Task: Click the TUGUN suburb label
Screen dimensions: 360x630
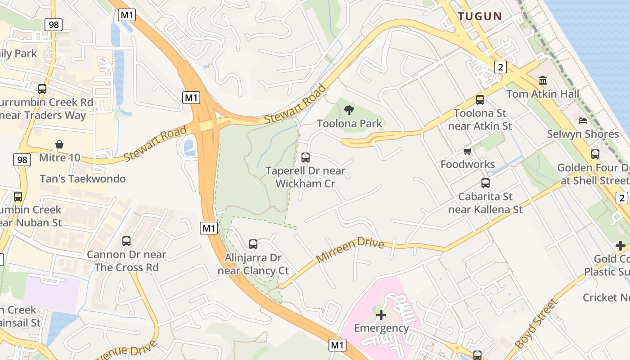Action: (x=480, y=16)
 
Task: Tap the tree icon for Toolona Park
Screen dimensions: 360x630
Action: (x=349, y=110)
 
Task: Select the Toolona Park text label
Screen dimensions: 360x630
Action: (x=350, y=123)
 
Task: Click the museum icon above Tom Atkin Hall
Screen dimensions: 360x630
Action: (x=543, y=81)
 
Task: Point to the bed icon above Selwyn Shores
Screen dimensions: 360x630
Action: (x=583, y=121)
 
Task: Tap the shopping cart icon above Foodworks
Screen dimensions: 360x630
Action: (x=468, y=152)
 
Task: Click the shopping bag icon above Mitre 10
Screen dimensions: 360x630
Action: (x=59, y=144)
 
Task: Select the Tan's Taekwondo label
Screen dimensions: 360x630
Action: (x=83, y=179)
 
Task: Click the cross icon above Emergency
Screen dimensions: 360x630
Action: (x=381, y=315)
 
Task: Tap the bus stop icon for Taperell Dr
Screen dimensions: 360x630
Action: (x=306, y=157)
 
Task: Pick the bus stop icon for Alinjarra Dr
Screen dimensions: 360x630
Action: (x=253, y=244)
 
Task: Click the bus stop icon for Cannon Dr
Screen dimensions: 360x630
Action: (x=126, y=241)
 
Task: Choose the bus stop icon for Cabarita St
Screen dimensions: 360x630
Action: (x=486, y=183)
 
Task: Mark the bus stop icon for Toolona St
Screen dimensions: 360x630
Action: (x=480, y=100)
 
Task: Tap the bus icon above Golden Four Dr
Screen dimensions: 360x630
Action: (x=595, y=154)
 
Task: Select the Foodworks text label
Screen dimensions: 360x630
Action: (x=468, y=164)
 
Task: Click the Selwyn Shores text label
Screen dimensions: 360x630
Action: (x=583, y=134)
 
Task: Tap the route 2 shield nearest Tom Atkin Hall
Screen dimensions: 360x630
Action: (x=500, y=67)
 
